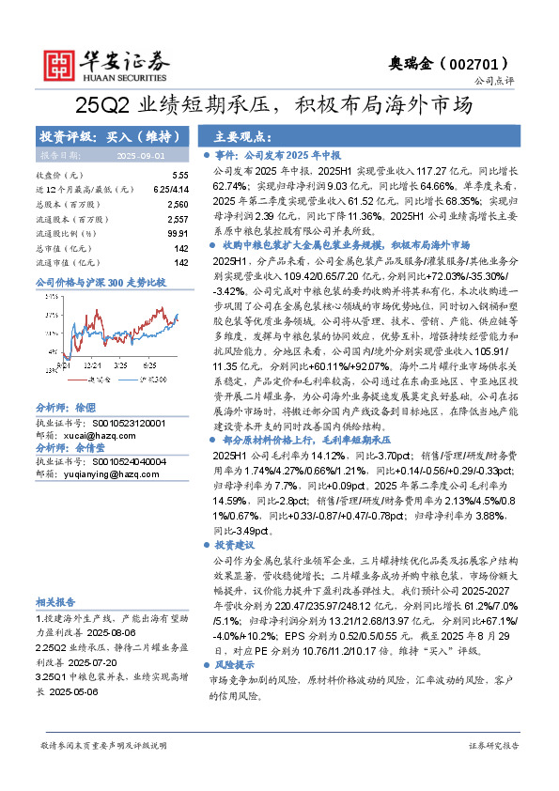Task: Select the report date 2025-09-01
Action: (140, 155)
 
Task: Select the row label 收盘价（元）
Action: (59, 176)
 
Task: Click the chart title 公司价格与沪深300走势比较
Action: (100, 282)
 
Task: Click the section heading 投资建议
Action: (234, 545)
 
